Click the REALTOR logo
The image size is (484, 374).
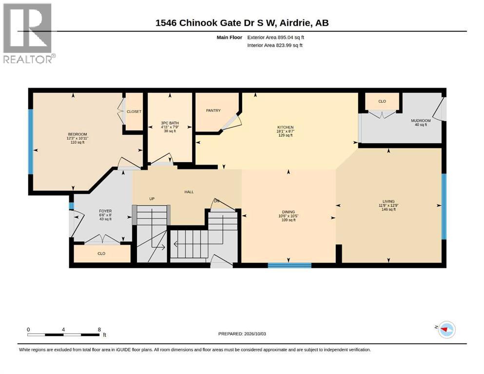point(29,33)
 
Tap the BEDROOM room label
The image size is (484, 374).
point(77,134)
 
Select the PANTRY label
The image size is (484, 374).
point(213,111)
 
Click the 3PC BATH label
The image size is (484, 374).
point(170,123)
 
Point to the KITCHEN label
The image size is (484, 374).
point(285,127)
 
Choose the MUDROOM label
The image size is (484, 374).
point(421,121)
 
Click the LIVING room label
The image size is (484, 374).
point(388,201)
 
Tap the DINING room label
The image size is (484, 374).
point(288,212)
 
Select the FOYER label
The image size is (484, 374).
point(105,211)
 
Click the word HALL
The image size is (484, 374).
point(189,192)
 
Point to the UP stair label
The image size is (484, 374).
point(152,199)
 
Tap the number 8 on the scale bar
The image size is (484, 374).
point(99,329)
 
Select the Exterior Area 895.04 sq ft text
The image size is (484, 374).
point(276,37)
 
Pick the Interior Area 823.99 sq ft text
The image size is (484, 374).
point(275,45)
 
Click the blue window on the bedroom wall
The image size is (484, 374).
point(31,142)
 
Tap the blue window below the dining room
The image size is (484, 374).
point(289,265)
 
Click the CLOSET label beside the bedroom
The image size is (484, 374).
point(134,112)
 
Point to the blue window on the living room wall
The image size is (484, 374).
point(444,206)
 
